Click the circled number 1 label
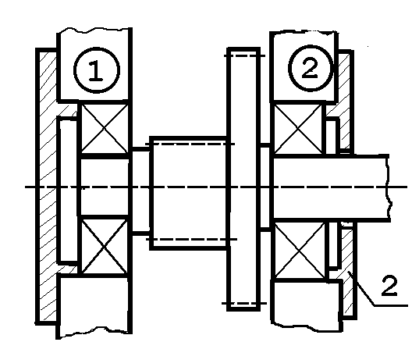(x=97, y=70)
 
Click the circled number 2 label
(x=310, y=69)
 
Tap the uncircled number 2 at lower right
(x=389, y=286)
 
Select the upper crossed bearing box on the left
(x=105, y=128)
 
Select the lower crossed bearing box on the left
(x=105, y=247)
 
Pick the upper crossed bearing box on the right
(x=298, y=128)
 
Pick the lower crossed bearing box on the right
(x=300, y=251)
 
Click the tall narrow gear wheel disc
(x=243, y=179)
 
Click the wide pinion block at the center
(x=188, y=193)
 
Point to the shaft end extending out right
(x=331, y=187)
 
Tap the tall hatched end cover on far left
(x=47, y=186)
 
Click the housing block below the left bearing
(x=94, y=306)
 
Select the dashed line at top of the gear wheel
(x=244, y=55)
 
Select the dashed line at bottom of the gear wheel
(x=244, y=303)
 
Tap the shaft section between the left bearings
(x=105, y=187)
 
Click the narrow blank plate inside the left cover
(x=68, y=191)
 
